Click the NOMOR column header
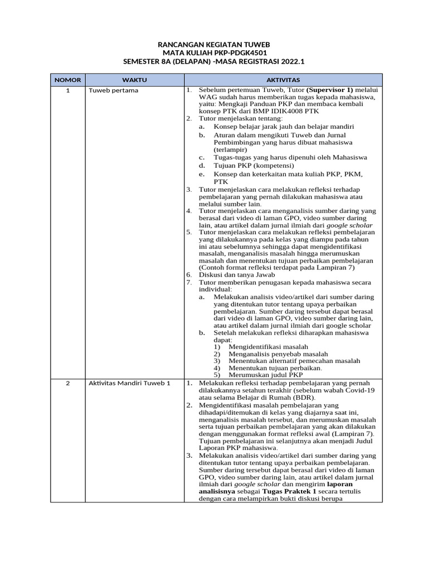pyautogui.click(x=67, y=80)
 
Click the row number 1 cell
pyautogui.click(x=67, y=90)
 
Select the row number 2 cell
pyautogui.click(x=67, y=384)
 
